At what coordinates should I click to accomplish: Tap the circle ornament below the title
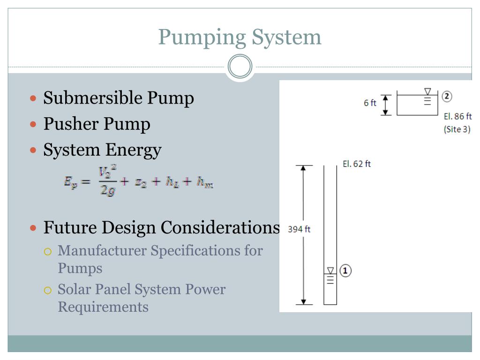pos(240,67)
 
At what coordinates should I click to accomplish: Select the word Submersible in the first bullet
pos(93,98)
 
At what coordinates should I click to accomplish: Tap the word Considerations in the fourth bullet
pos(220,227)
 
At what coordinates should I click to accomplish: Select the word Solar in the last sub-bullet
pos(75,289)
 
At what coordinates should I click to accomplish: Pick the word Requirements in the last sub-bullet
pos(103,307)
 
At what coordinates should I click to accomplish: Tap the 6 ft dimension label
pos(370,103)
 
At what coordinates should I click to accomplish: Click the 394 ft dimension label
pos(299,229)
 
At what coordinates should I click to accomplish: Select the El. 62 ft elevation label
pos(357,164)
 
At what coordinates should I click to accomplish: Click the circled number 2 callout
pos(447,96)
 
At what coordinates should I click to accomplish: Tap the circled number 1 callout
pos(345,270)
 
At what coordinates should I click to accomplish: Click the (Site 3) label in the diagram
pos(457,129)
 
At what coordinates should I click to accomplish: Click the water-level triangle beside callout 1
pos(330,270)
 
